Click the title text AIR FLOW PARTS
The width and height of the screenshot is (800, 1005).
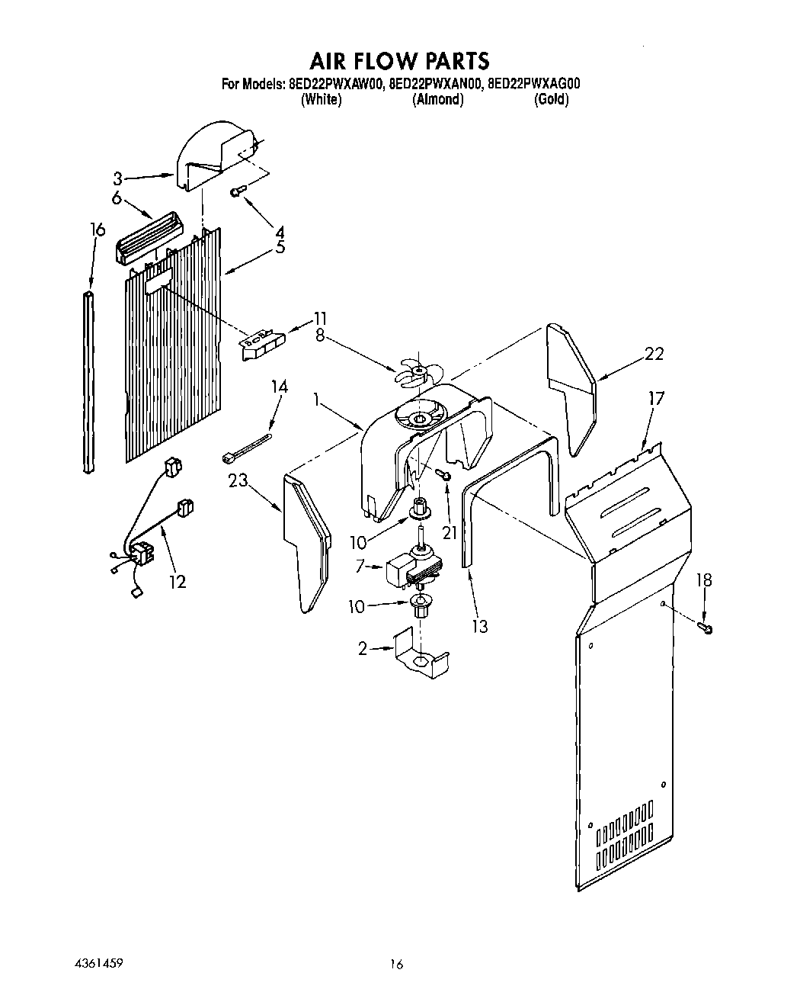point(399,60)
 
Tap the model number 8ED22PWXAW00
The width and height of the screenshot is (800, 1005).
point(334,85)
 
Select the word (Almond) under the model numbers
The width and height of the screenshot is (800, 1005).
point(437,100)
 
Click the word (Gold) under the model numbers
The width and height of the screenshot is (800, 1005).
point(551,100)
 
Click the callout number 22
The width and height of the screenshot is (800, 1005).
point(653,353)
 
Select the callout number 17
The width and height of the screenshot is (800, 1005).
point(656,398)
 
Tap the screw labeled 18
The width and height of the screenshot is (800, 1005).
point(705,628)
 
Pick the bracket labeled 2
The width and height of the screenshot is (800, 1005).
point(421,653)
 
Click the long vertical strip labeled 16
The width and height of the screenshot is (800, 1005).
point(90,381)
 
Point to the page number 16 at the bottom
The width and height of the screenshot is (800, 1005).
point(395,964)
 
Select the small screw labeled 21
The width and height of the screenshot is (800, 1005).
point(443,476)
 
